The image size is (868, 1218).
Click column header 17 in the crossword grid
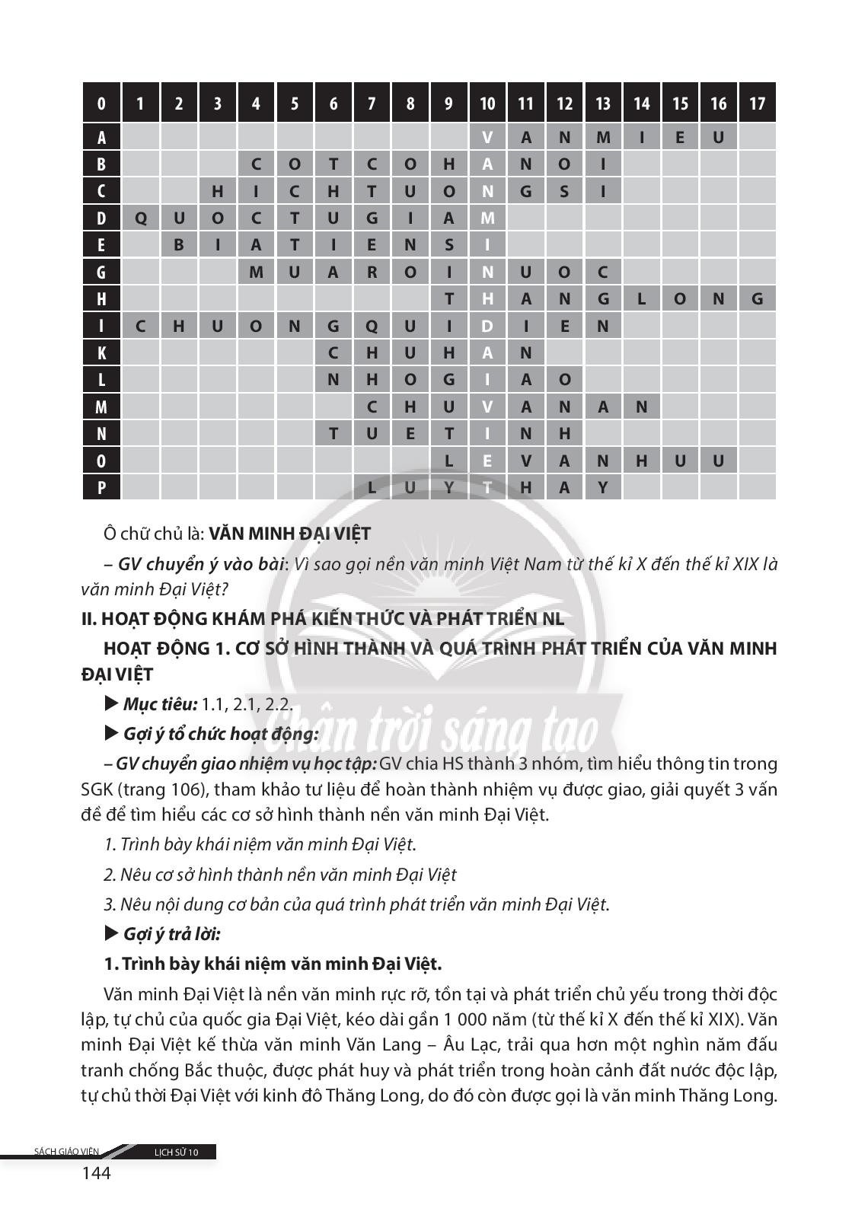[x=757, y=104]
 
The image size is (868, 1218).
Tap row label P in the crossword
[x=101, y=487]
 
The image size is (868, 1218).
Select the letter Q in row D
[x=140, y=219]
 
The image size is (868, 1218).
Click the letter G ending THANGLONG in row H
[x=757, y=299]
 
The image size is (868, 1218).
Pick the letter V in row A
[x=487, y=138]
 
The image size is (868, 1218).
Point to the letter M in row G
[x=256, y=273]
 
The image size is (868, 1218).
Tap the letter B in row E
[x=179, y=246]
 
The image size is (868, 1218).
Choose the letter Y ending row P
[x=603, y=487]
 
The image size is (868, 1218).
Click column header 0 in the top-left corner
[x=101, y=104]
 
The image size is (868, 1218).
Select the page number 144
[x=96, y=1173]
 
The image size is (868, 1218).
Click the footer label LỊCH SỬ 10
[x=176, y=1153]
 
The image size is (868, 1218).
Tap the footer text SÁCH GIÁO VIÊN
[x=67, y=1152]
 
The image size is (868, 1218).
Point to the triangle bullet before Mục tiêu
[x=111, y=704]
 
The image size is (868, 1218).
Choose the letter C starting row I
[x=140, y=327]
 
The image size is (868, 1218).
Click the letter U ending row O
[x=718, y=461]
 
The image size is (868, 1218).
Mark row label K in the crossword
[x=101, y=353]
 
